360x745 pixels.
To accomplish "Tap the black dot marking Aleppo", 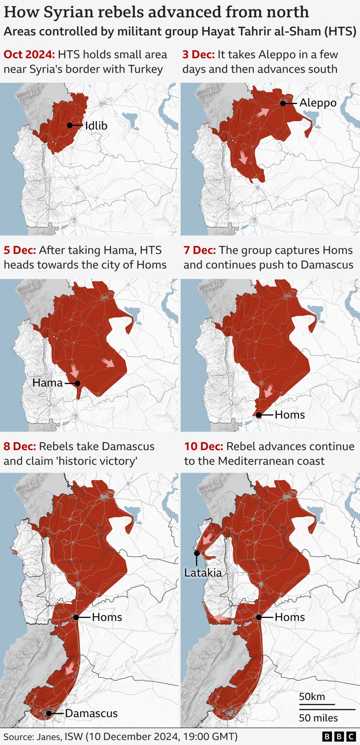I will (283, 103).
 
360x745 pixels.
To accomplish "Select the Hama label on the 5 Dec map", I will (48, 382).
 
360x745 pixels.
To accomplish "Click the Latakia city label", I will (203, 572).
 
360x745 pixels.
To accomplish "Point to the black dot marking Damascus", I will (49, 713).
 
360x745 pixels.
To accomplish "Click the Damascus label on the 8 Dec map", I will (91, 713).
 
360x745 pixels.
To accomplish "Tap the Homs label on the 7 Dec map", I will (290, 415).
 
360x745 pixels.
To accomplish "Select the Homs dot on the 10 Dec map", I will (259, 617).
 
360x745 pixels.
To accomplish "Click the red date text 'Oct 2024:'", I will (29, 55).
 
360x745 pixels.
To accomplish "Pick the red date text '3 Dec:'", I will (198, 55).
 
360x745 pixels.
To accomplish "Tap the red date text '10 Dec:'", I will (204, 446).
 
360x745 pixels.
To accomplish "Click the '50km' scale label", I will (312, 696).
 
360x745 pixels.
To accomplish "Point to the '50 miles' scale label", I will (318, 718).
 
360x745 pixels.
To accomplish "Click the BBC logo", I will (339, 737).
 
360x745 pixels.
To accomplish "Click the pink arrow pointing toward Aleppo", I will (263, 112).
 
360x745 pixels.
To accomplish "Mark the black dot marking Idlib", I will (70, 125).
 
